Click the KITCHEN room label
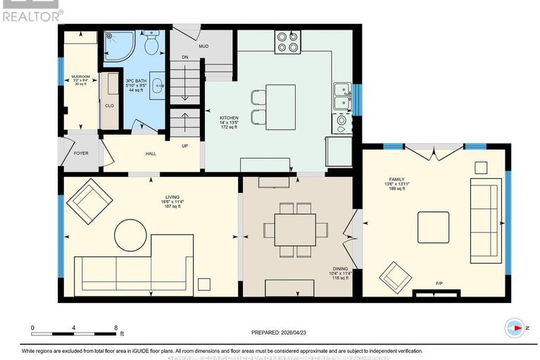[x=229, y=118]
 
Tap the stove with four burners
[x=288, y=42]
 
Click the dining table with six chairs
[x=296, y=229]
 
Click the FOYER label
[x=81, y=152]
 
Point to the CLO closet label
[x=109, y=106]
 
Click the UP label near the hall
[x=185, y=147]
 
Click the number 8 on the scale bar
[x=115, y=328]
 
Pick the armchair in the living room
[x=89, y=199]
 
